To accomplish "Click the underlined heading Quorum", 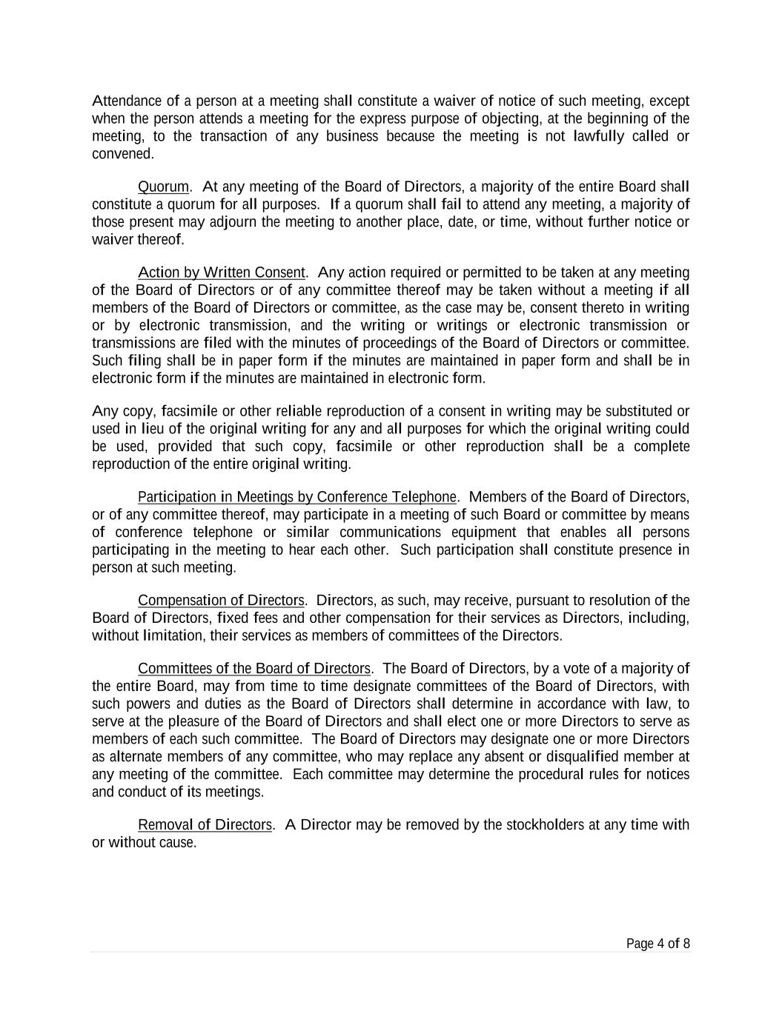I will [x=163, y=187].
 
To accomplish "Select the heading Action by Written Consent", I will [x=222, y=273].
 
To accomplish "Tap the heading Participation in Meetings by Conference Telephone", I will [x=297, y=497].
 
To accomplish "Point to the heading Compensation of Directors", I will [x=221, y=601].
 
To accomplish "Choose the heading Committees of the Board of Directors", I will [x=254, y=669].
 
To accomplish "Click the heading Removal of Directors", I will [x=205, y=825].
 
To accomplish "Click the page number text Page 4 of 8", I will [x=658, y=944].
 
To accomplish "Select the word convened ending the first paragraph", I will [x=122, y=154].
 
